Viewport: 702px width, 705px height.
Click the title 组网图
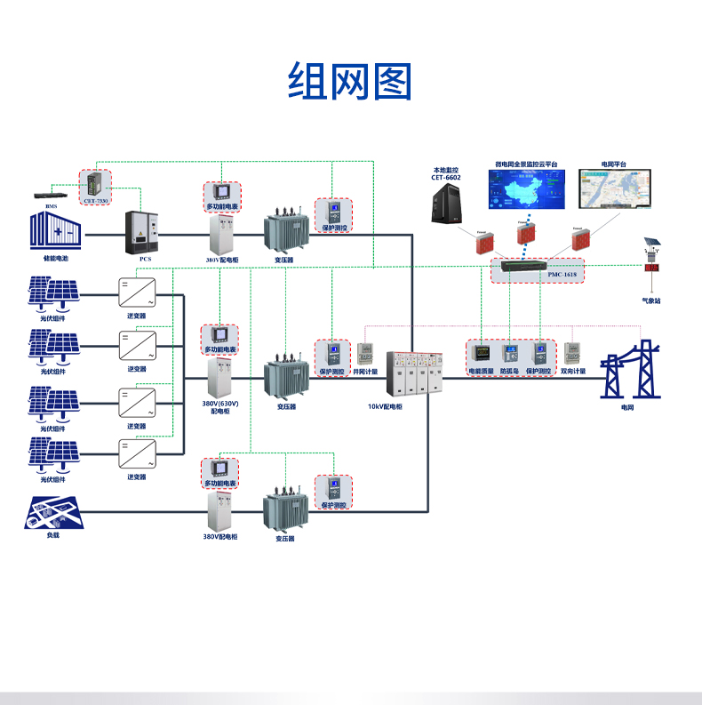(350, 82)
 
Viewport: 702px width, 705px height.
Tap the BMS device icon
(50, 195)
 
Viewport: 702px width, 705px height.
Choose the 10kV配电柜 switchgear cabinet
(413, 374)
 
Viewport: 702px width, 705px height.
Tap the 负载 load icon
(52, 511)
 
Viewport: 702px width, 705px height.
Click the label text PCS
(146, 259)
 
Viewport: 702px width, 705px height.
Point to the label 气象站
(652, 300)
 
